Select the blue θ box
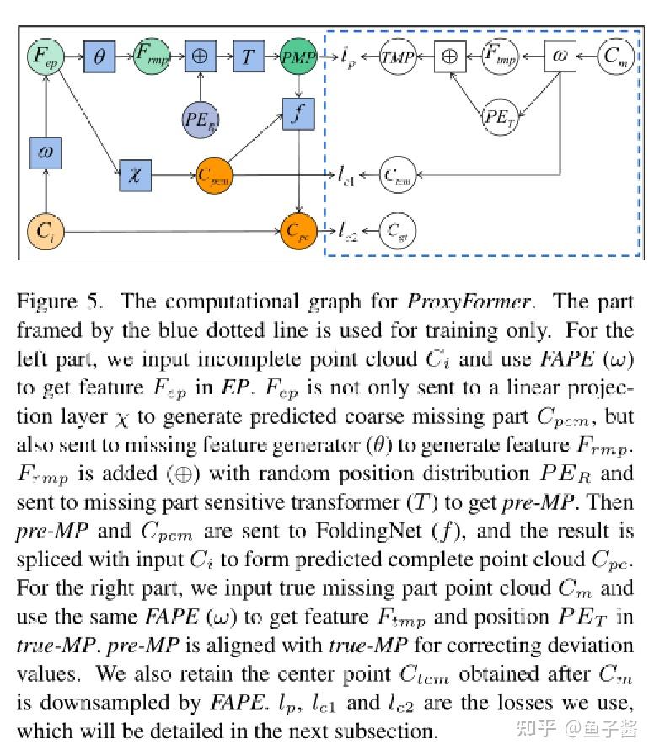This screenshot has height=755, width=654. pos(99,57)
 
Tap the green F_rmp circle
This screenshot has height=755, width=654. pos(152,57)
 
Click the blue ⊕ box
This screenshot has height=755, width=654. pos(201,57)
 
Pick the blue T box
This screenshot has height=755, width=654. pos(248,57)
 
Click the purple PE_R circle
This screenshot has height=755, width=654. pos(200,118)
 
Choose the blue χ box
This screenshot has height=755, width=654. pos(134,177)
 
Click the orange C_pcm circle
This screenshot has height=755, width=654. pos(214,177)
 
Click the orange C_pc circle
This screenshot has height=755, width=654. pos(298,229)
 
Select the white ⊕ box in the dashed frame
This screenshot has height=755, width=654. pos(449,57)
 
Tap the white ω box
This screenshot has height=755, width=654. pos(559,57)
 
